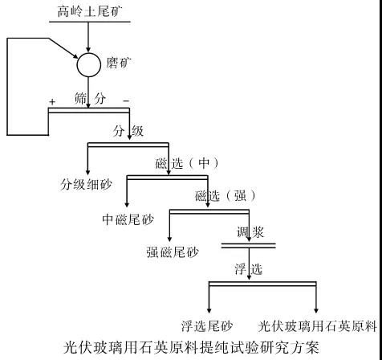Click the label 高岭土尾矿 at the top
tap(87, 10)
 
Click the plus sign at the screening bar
tap(52, 102)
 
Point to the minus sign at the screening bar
tap(125, 101)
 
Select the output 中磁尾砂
tap(128, 219)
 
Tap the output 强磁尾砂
tap(171, 252)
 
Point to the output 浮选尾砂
tap(206, 326)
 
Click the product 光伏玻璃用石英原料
tap(318, 326)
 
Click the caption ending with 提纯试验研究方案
tap(191, 348)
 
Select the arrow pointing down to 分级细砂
tap(87, 161)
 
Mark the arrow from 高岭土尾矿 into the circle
tap(87, 36)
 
